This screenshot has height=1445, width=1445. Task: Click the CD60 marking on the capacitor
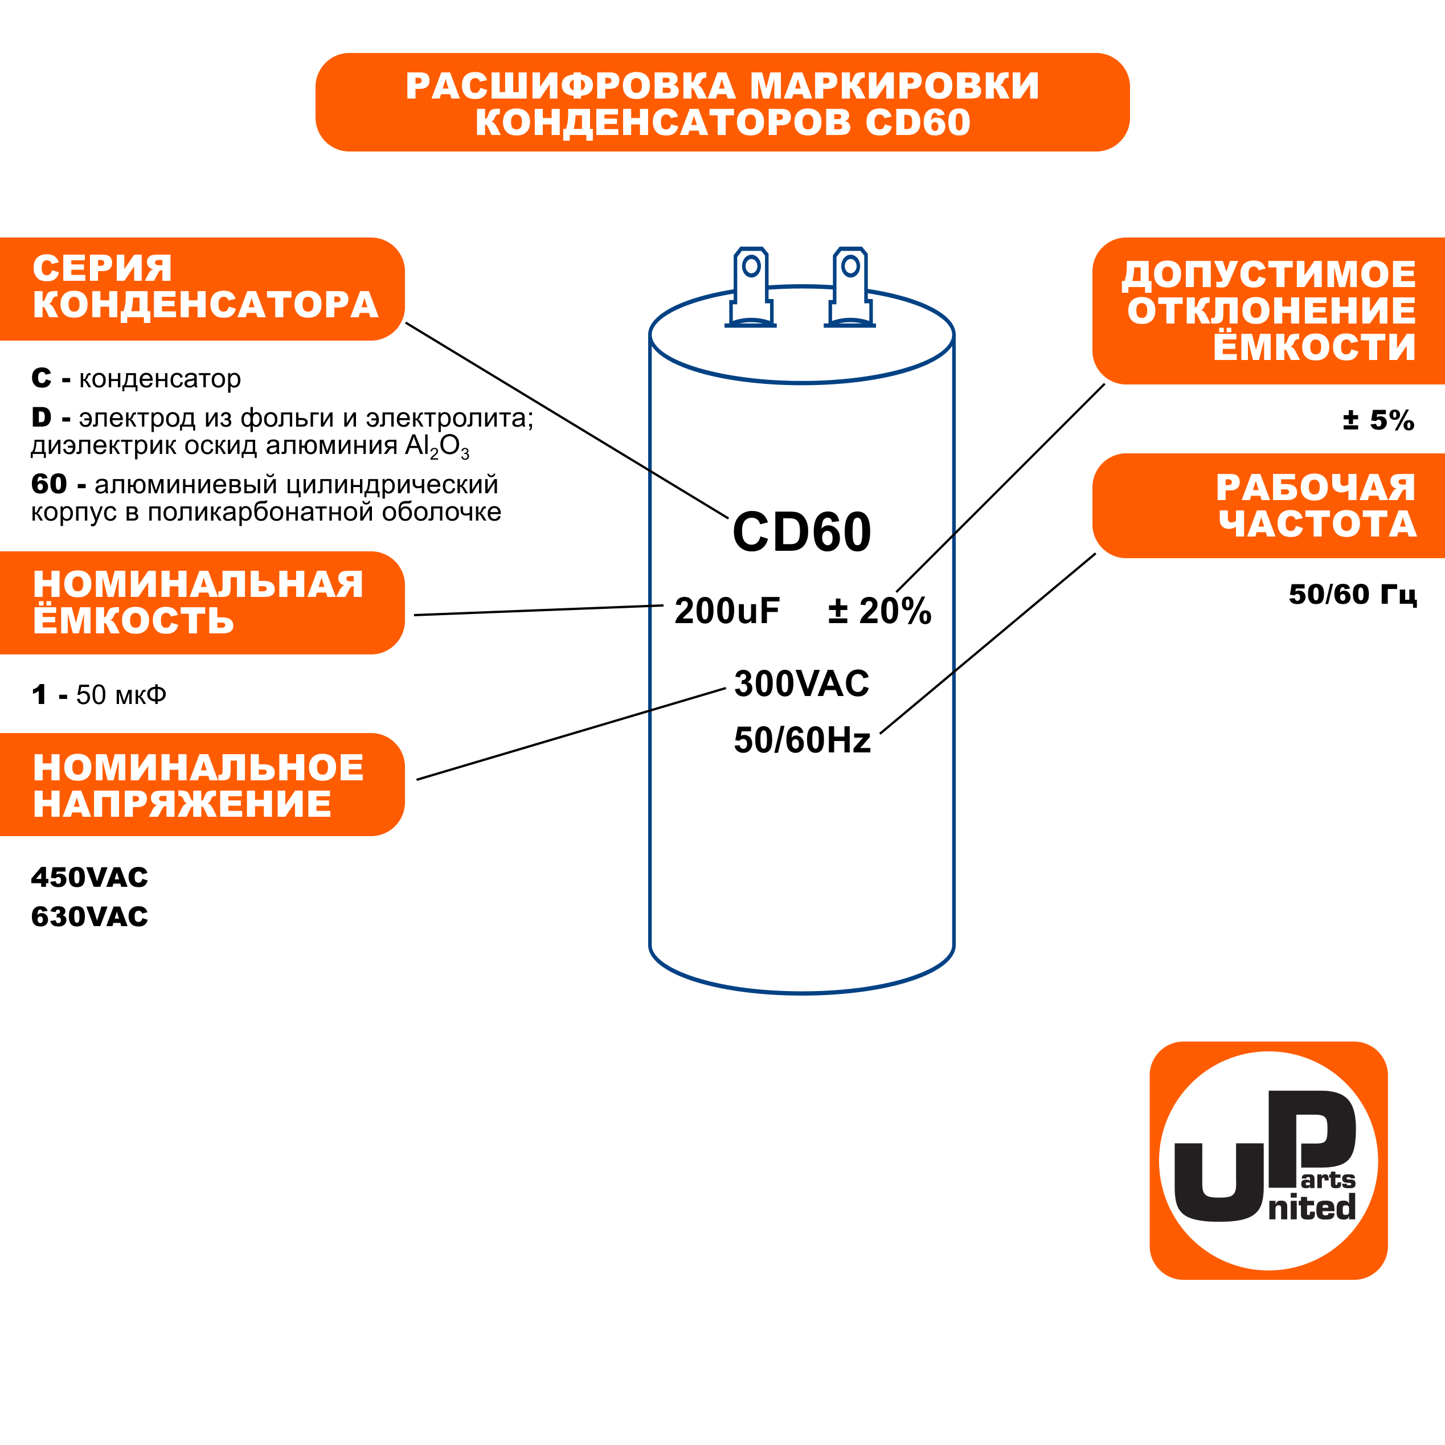coord(802,533)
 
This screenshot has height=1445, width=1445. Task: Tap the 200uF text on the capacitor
coord(727,611)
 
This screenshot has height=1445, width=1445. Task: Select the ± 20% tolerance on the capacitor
coord(879,611)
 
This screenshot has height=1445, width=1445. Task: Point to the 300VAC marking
coord(802,683)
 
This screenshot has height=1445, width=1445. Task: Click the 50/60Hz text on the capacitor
coord(803,740)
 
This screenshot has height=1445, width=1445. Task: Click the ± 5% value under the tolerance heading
coord(1378,420)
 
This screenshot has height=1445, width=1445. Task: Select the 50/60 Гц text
coord(1353,595)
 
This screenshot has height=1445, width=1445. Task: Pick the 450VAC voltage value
coord(90,877)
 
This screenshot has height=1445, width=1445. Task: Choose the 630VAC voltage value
coord(90,917)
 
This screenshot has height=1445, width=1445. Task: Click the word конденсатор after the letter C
coord(160,379)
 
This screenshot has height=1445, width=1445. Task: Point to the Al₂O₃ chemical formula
coord(437,447)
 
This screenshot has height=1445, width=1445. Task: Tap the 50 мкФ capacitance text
coord(121,695)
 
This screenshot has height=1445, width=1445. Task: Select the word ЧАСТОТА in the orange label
coord(1318,525)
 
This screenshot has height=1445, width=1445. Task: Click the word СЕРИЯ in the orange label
coord(103,268)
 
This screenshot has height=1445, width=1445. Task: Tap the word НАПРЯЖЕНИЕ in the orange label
coord(182,804)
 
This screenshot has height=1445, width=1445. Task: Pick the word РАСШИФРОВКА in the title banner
coord(571,86)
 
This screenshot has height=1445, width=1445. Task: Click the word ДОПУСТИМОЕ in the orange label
coord(1269,275)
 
